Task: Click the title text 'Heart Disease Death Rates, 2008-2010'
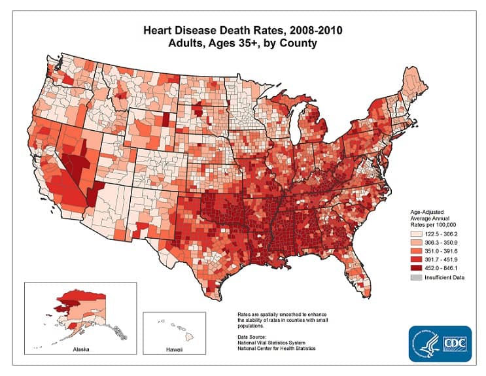tap(244, 30)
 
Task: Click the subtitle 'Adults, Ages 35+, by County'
tap(244, 43)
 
